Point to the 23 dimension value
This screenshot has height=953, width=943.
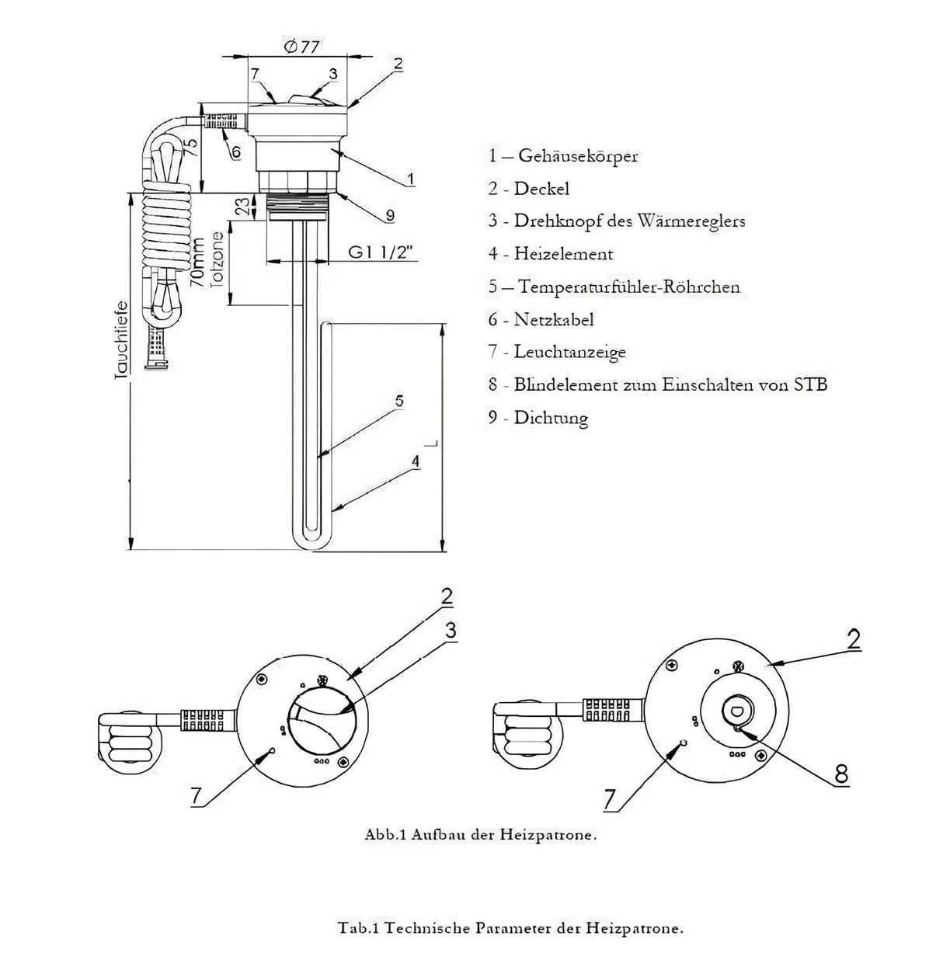coord(243,206)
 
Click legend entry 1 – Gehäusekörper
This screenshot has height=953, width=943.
coord(563,155)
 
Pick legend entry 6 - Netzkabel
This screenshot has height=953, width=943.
coord(541,319)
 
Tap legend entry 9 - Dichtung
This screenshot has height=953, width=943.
coord(538,418)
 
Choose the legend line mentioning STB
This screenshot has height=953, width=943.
coord(658,384)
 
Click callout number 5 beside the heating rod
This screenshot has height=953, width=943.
coord(398,401)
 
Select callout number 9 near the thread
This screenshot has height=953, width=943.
coord(391,214)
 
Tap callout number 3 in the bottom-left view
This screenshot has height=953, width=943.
coord(451,631)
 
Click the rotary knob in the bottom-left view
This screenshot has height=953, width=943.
coord(322,719)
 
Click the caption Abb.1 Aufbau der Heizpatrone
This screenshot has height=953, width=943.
coord(481,836)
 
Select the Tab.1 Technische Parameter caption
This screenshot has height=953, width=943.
coord(511,927)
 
